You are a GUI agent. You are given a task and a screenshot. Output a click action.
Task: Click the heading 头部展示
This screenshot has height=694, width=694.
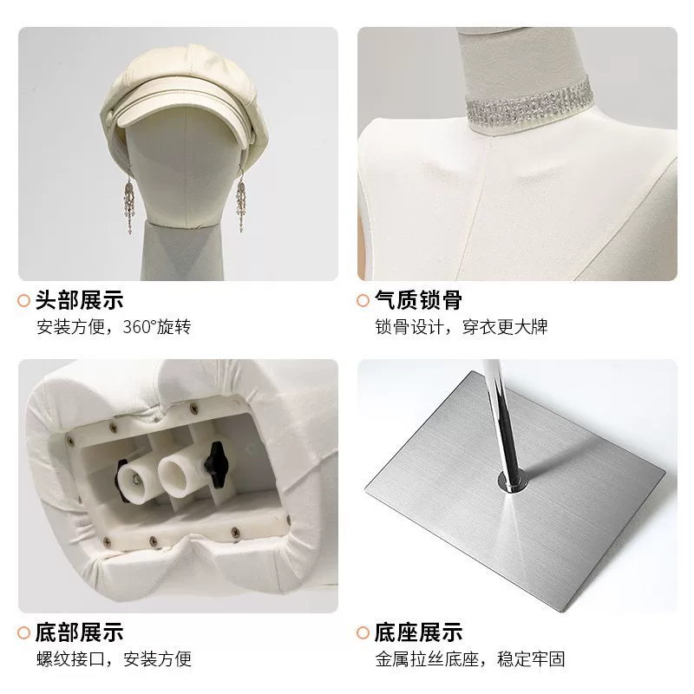click(x=79, y=300)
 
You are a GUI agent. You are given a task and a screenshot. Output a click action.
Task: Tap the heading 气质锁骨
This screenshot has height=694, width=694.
click(x=418, y=300)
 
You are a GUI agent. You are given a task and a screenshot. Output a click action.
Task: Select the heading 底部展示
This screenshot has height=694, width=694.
click(x=79, y=632)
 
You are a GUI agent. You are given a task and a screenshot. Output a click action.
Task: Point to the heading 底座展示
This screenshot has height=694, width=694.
click(x=418, y=632)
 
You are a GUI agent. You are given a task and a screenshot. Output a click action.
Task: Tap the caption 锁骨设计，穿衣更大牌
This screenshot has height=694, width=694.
click(x=462, y=327)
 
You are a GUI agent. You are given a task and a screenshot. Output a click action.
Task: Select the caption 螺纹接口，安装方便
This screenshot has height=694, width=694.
click(x=115, y=659)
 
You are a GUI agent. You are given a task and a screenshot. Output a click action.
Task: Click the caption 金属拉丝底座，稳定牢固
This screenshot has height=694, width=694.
click(x=470, y=659)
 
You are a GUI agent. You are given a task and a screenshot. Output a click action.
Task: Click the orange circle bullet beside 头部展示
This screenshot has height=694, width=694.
click(x=24, y=300)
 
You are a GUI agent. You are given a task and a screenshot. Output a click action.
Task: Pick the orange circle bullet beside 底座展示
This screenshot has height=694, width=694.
click(x=363, y=632)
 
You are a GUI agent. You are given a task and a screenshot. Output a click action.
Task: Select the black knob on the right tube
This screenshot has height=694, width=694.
click(x=217, y=464)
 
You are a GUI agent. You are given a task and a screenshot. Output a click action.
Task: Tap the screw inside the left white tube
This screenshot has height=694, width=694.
click(x=135, y=481)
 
